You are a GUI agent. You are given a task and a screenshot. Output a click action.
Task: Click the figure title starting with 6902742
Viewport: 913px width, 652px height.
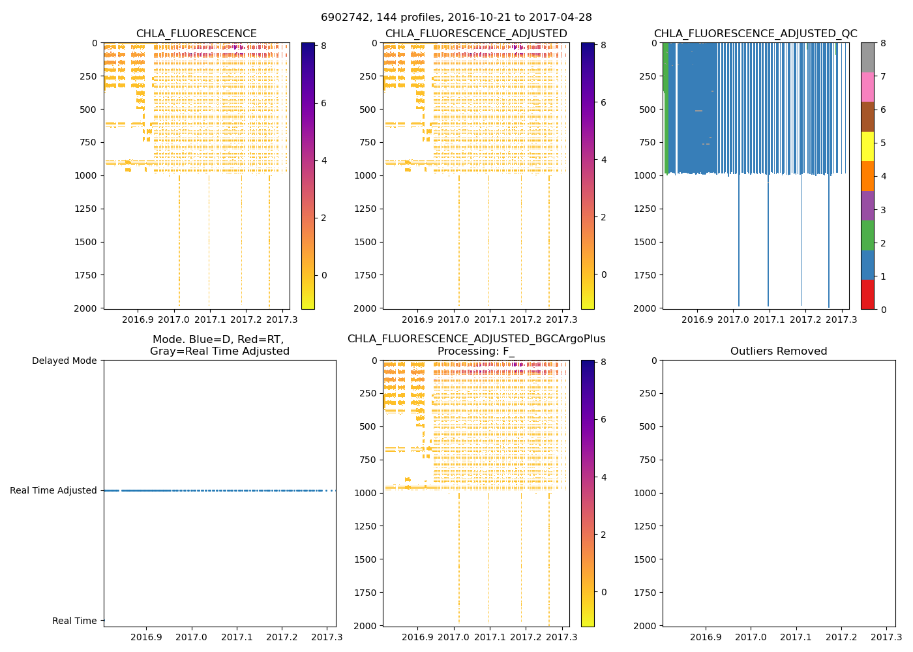(x=456, y=18)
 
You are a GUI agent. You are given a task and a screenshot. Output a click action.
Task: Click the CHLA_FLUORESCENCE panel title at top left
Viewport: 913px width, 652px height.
(x=196, y=34)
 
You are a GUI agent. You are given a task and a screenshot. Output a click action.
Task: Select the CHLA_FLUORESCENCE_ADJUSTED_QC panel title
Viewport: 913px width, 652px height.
(x=755, y=34)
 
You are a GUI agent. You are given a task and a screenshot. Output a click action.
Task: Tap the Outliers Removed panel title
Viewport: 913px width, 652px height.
(x=779, y=351)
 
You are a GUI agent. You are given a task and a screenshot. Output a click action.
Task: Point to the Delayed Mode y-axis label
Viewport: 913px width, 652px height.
(x=64, y=361)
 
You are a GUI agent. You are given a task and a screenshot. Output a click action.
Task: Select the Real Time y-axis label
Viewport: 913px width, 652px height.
(x=74, y=621)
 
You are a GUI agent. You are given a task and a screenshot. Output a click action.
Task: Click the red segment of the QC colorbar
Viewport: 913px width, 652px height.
(x=867, y=295)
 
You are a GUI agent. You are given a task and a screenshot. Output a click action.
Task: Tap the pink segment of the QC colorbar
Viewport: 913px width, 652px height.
(x=867, y=87)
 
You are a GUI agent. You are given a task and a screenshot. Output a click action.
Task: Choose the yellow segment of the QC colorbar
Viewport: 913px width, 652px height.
(x=867, y=146)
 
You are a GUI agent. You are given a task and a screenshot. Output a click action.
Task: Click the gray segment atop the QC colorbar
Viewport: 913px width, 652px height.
(x=867, y=57)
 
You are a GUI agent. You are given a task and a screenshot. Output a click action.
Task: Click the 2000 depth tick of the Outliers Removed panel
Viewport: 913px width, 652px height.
(x=646, y=625)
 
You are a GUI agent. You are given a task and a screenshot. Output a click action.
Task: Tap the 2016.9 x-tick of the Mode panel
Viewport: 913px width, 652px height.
(x=146, y=637)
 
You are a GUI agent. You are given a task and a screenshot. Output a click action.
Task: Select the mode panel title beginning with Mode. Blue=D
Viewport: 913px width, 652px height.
(x=219, y=346)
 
